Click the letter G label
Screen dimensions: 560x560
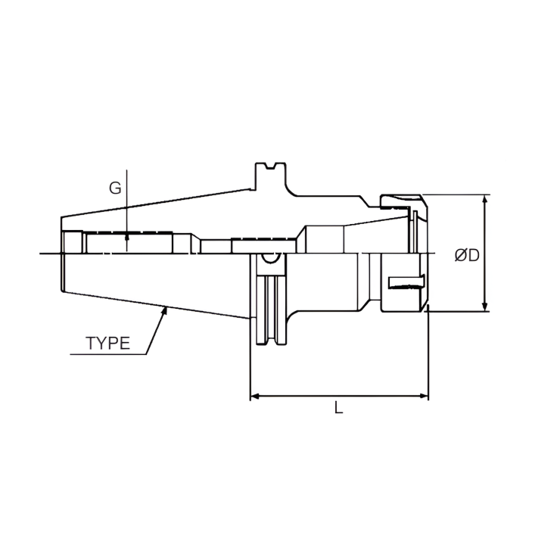click(115, 188)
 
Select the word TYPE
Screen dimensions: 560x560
click(107, 343)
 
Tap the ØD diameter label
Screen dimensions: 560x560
click(467, 255)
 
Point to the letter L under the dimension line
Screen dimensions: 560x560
click(339, 409)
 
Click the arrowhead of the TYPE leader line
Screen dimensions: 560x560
click(165, 310)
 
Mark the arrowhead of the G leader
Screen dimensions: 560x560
click(127, 237)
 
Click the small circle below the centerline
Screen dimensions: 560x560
click(267, 260)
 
